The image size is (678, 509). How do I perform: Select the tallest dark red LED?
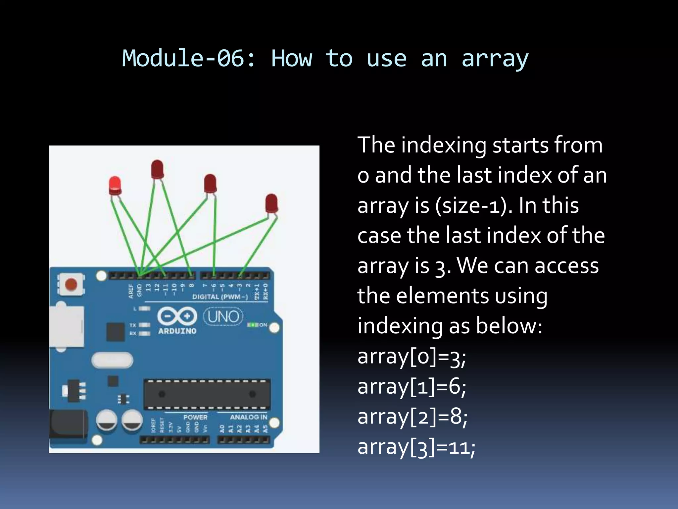pos(157,169)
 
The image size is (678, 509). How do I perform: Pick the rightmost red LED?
pos(271,203)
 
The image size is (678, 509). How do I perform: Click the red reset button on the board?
pos(71,284)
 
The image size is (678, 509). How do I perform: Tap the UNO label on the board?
pos(223,316)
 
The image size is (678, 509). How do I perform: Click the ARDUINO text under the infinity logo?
pos(177,331)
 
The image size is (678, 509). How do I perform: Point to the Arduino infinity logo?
pos(177,316)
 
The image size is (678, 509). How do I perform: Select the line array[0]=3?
pos(412,357)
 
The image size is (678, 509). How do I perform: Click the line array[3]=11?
pos(416,447)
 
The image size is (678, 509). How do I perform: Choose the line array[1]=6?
pos(412,387)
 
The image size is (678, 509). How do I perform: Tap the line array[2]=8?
pos(412,417)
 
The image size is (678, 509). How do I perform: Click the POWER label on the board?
pos(195,417)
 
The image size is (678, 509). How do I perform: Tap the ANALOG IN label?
pos(248,417)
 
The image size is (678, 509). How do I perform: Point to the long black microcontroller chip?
pos(207,394)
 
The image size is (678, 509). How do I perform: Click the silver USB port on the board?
pos(66,326)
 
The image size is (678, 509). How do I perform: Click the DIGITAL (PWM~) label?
pos(220,297)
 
